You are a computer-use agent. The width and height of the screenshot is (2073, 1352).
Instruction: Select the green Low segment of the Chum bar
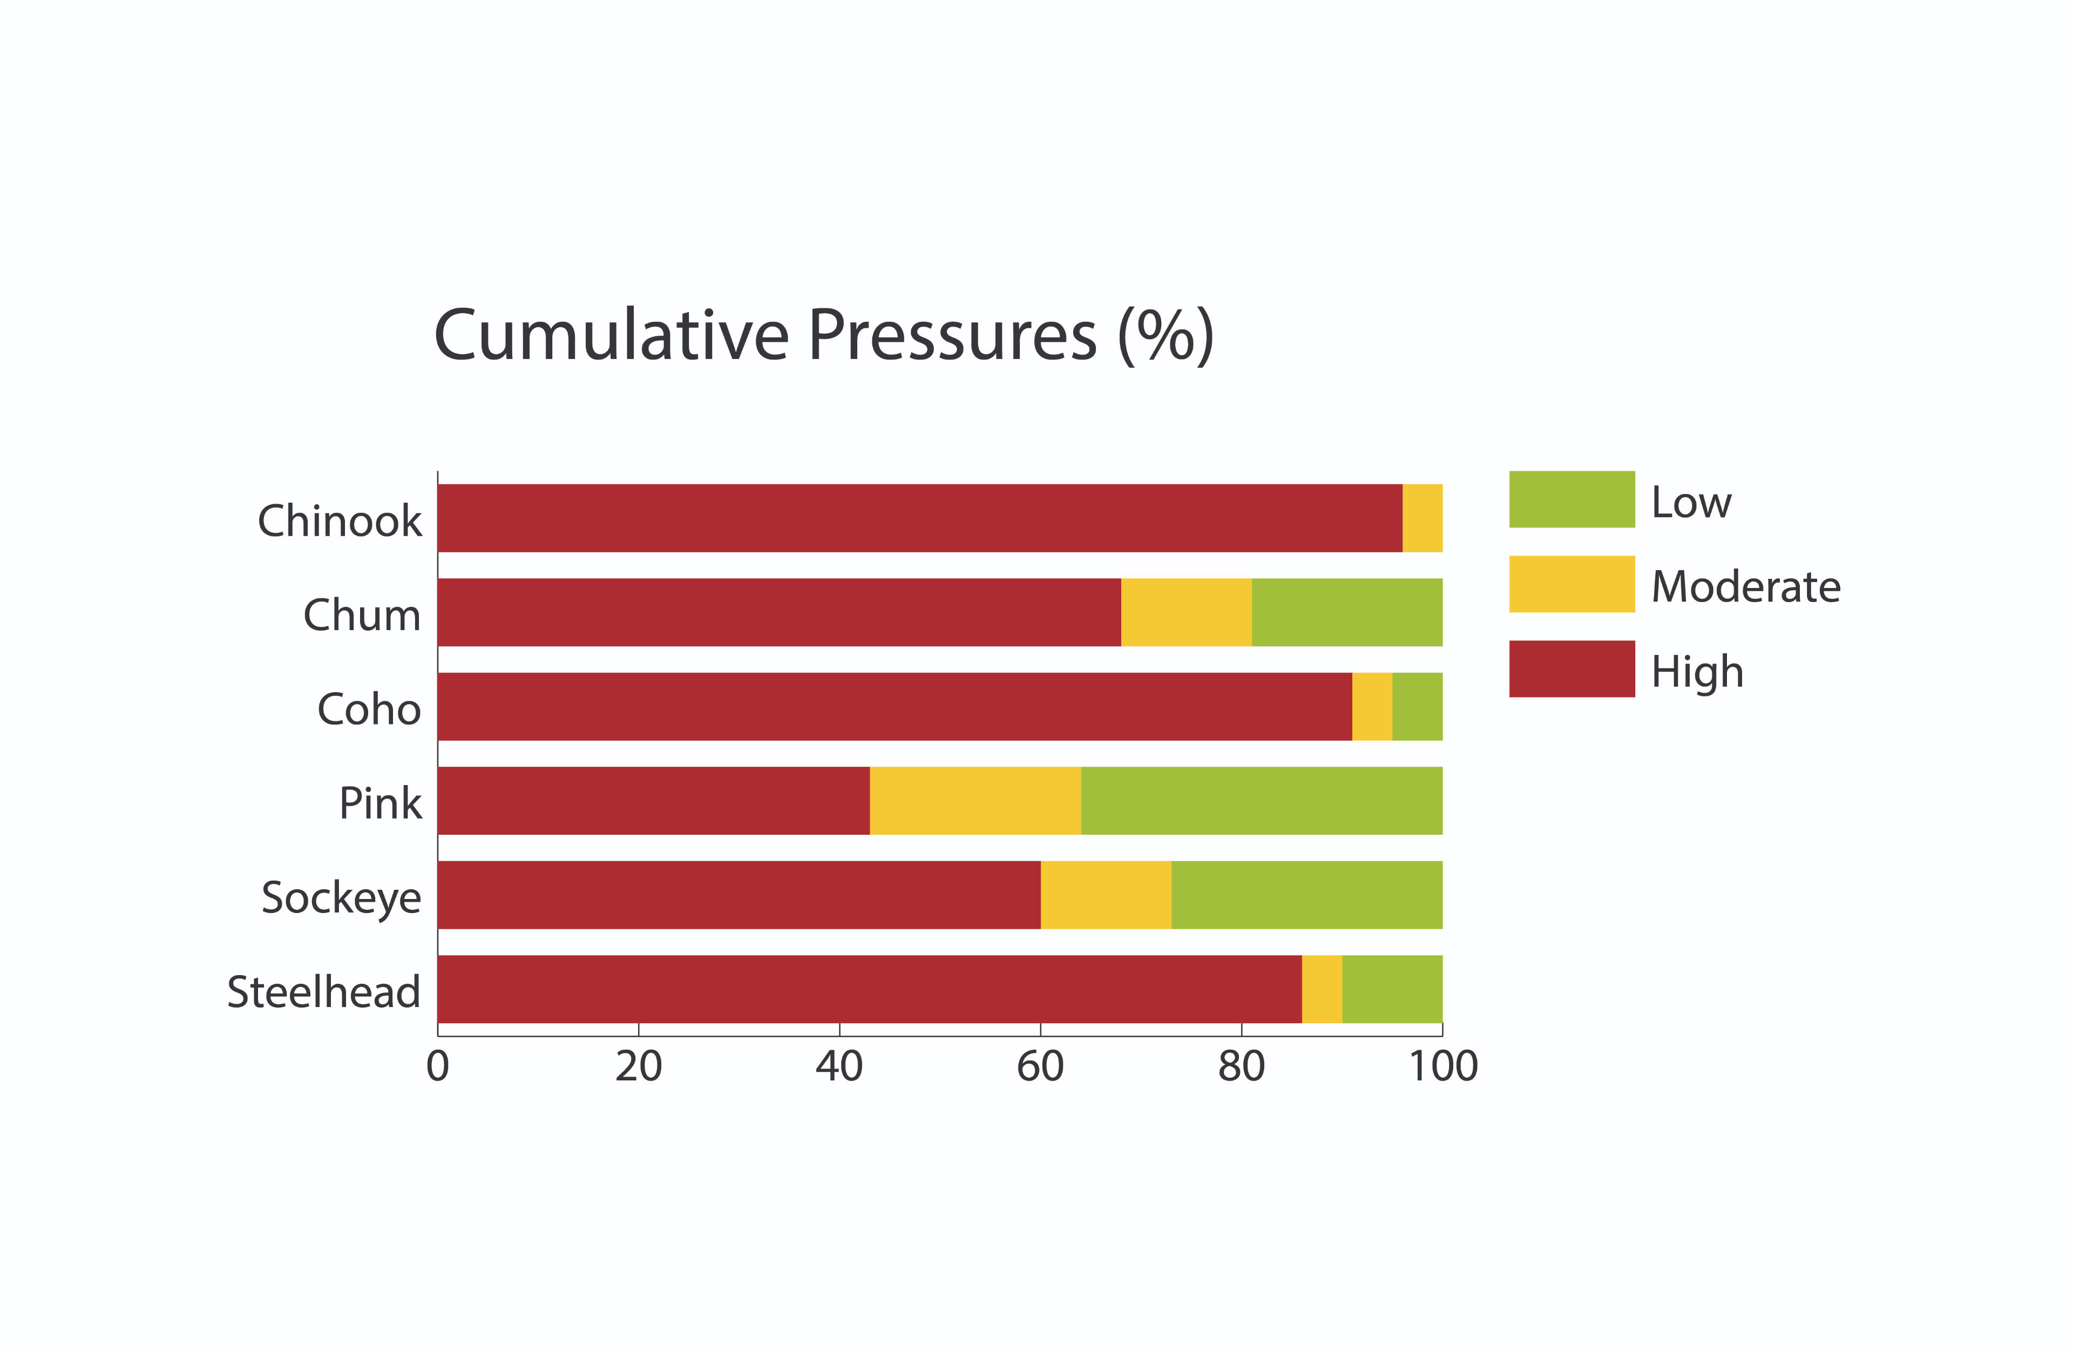point(1346,612)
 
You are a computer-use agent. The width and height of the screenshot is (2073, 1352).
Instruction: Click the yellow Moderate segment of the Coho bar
point(1372,706)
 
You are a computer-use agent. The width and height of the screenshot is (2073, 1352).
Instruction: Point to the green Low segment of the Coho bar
point(1417,706)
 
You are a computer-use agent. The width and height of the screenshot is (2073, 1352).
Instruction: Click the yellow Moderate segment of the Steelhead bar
point(1322,988)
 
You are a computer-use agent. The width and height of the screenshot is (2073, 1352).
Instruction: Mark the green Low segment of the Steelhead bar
point(1392,988)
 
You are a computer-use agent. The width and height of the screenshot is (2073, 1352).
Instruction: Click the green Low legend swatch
point(1571,499)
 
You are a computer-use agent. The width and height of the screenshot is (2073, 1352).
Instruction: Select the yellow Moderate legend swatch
point(1571,584)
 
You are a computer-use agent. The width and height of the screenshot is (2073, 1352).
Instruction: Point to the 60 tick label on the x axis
point(1040,1066)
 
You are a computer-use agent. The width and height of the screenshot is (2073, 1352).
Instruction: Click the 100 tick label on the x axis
point(1443,1066)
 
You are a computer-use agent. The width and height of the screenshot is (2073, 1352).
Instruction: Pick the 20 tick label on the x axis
point(639,1066)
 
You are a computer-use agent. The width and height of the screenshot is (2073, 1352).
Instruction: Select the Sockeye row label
point(341,897)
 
